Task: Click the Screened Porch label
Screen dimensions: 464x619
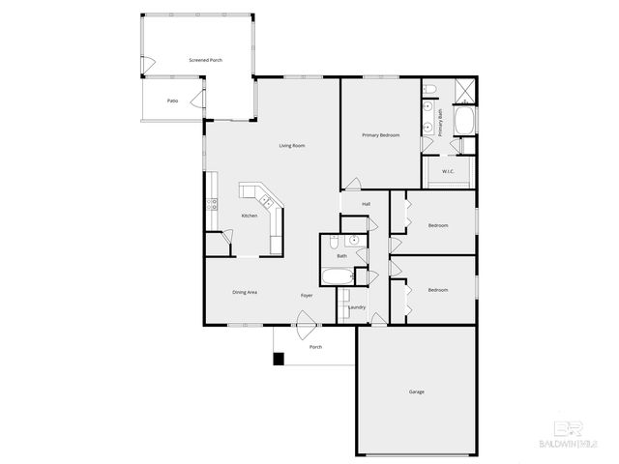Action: tap(206, 60)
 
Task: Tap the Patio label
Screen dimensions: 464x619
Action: tap(172, 100)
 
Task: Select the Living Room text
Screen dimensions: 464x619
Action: tap(292, 145)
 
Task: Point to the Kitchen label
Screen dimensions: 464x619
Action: tap(250, 216)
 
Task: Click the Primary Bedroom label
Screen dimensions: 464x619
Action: tap(381, 135)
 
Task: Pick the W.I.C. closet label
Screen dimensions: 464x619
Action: tap(449, 172)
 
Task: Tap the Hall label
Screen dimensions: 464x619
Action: tap(367, 204)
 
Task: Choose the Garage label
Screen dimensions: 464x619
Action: tap(416, 391)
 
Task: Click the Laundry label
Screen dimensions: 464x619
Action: tap(357, 307)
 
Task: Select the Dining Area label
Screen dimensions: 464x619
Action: tap(245, 292)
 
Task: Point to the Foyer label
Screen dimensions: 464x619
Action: tap(307, 295)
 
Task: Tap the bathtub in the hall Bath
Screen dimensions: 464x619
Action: tap(338, 278)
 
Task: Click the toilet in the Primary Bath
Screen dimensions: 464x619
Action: tap(431, 91)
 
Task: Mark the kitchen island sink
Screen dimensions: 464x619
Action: tap(265, 201)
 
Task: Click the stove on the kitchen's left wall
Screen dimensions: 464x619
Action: tap(209, 204)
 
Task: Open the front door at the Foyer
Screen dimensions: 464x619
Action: tap(306, 323)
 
